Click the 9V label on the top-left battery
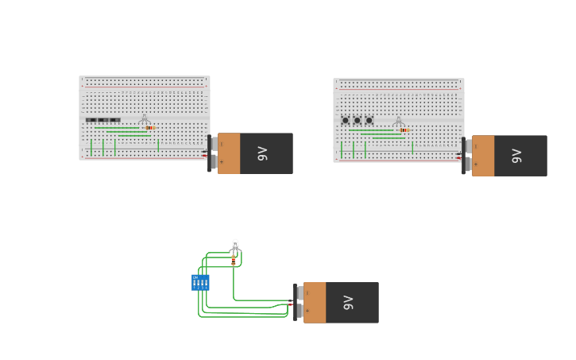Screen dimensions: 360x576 point(262,153)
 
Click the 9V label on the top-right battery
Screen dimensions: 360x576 point(516,156)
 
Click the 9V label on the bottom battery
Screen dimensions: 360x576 point(348,303)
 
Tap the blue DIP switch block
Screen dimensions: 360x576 point(200,282)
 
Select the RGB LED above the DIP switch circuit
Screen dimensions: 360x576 point(235,245)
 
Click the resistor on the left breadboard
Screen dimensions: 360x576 point(150,128)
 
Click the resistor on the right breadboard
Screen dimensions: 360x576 point(404,130)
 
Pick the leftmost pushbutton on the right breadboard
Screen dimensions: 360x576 point(345,121)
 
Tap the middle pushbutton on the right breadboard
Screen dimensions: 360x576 point(357,121)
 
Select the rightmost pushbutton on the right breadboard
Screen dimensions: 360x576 point(369,121)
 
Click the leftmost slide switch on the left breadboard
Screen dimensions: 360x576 point(91,120)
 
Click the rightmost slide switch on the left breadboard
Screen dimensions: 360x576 point(115,120)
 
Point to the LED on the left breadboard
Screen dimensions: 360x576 point(144,119)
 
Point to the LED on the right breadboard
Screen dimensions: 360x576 point(398,121)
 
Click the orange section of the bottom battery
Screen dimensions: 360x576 point(315,303)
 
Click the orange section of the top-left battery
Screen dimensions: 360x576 point(229,153)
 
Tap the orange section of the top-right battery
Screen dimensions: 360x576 point(483,156)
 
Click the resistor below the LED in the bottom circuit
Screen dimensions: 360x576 point(234,260)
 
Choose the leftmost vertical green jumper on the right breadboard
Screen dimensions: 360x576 point(342,149)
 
